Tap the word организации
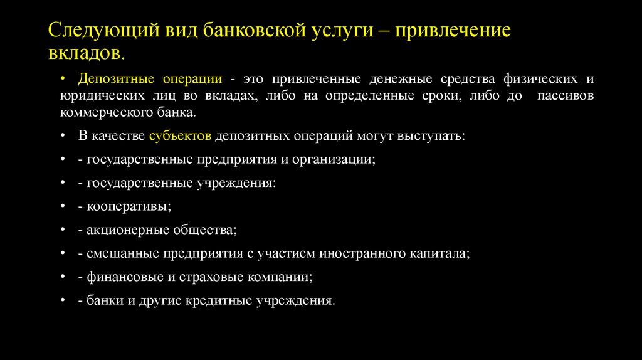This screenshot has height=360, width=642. coord(333,159)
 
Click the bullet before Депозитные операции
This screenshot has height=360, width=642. coord(65,80)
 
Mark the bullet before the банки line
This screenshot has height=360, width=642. coord(65,300)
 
